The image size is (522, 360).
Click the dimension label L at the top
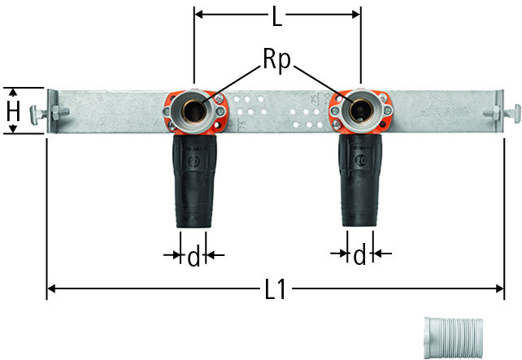(277, 16)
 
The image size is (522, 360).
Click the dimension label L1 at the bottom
(276, 289)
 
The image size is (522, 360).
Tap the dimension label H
(13, 111)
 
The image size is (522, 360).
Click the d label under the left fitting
(194, 257)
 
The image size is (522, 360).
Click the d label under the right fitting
(359, 255)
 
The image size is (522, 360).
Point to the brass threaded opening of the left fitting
(194, 111)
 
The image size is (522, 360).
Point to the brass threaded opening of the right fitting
(361, 111)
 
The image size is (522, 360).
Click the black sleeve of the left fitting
(194, 181)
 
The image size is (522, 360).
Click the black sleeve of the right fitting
(360, 180)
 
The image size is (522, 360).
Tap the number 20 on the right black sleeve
(360, 160)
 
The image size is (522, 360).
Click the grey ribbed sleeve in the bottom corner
(454, 337)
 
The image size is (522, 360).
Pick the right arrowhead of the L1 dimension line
(500, 288)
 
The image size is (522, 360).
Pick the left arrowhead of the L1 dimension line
(51, 288)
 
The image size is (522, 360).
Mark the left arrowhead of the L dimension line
(198, 15)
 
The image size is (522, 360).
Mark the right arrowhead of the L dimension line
(356, 15)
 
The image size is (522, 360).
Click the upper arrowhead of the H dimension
(13, 93)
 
